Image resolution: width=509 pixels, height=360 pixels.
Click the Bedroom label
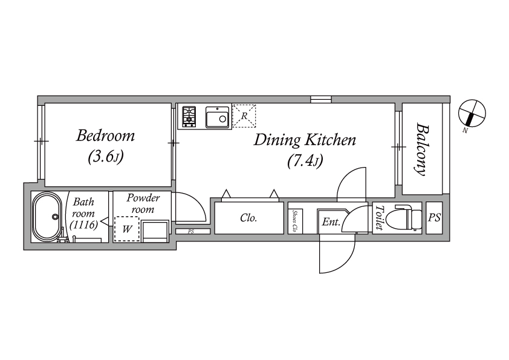(x=105, y=136)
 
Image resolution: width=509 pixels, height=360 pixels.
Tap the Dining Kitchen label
(x=305, y=140)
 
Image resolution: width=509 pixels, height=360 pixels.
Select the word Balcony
(x=421, y=149)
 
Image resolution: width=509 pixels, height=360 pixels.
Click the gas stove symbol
(x=189, y=116)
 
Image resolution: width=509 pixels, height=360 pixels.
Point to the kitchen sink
(x=217, y=117)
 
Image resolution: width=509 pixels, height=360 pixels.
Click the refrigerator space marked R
(x=244, y=116)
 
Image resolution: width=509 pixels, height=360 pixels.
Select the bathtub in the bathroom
(x=48, y=217)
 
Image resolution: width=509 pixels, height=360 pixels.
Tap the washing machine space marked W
(x=127, y=229)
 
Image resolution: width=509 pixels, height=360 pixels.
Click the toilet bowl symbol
(x=406, y=218)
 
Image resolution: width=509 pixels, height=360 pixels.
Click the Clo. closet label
(x=248, y=218)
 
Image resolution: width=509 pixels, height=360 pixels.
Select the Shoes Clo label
(x=295, y=221)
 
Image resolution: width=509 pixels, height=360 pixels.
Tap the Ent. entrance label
(x=331, y=222)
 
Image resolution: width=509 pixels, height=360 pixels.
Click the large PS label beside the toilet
(x=434, y=217)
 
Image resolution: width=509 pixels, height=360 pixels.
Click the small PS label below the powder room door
(x=191, y=232)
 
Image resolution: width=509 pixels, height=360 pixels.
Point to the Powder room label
(x=143, y=203)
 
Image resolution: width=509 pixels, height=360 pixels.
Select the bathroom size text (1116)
(x=84, y=225)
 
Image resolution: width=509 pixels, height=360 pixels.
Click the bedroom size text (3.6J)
(x=106, y=157)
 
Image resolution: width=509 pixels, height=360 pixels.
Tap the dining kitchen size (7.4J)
(x=305, y=162)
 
